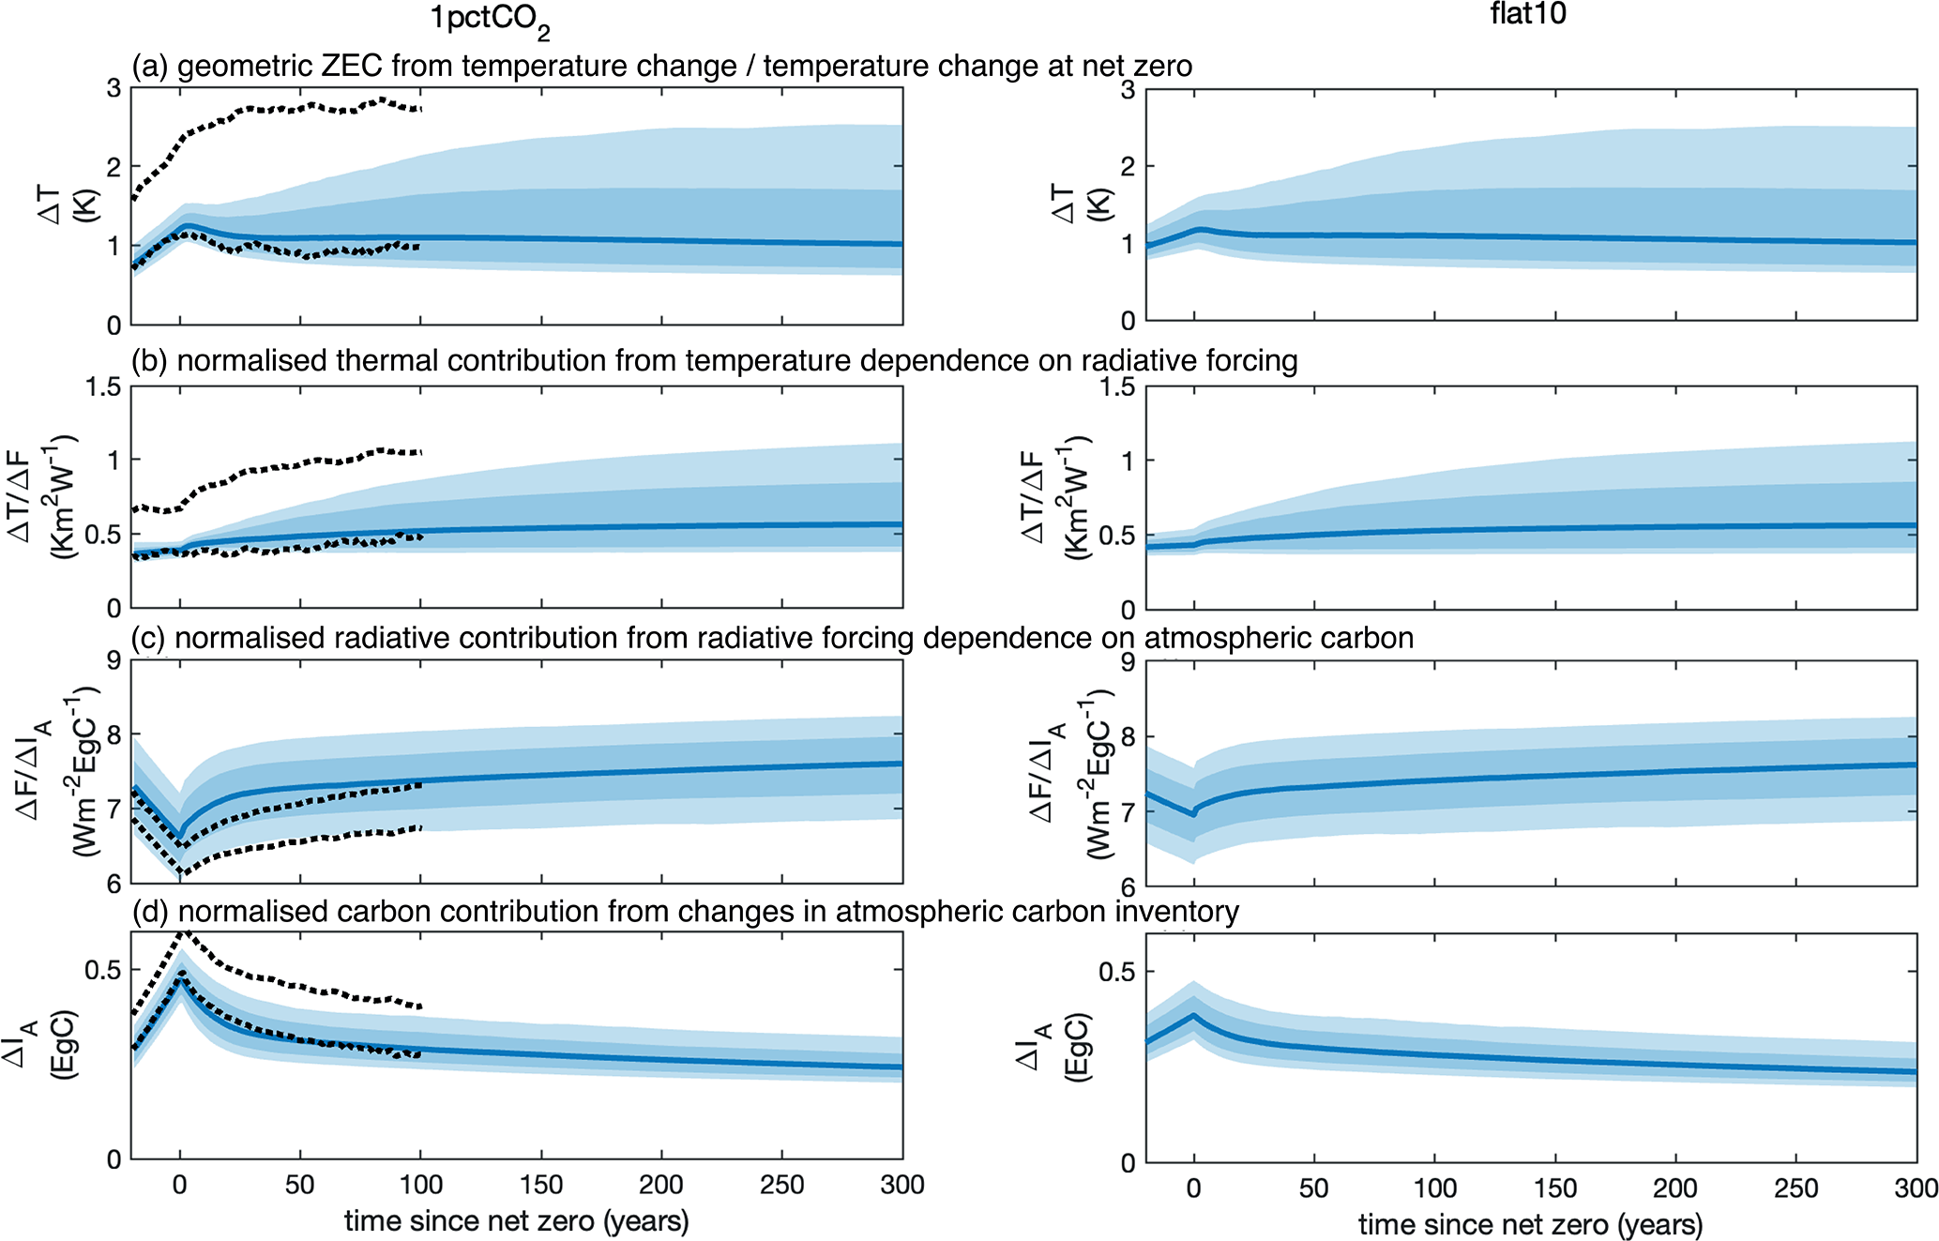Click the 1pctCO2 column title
click(488, 21)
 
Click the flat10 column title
click(1527, 13)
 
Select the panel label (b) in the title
click(149, 361)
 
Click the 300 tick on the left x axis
click(901, 1186)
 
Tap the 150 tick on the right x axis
click(1554, 1188)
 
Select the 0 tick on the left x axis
click(180, 1186)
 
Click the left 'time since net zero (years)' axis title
click(516, 1221)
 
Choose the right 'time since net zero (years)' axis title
click(1530, 1224)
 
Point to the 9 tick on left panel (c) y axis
click(114, 661)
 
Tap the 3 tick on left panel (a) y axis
click(114, 88)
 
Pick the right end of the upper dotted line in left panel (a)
click(421, 109)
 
